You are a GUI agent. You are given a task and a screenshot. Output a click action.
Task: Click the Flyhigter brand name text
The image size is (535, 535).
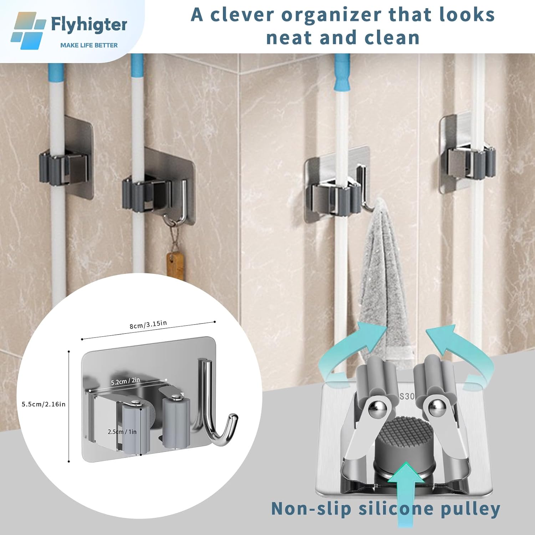pyautogui.click(x=89, y=25)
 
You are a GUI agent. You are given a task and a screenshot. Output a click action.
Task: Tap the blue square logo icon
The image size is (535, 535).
pyautogui.click(x=28, y=31)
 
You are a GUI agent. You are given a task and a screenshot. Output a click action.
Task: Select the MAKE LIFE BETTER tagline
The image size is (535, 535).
pyautogui.click(x=89, y=45)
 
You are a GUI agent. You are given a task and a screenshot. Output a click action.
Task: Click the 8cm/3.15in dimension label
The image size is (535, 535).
pyautogui.click(x=148, y=325)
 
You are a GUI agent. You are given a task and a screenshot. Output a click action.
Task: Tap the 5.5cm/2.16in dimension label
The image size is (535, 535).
pyautogui.click(x=44, y=404)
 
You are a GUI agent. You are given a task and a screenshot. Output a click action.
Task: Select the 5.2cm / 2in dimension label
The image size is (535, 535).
pyautogui.click(x=125, y=381)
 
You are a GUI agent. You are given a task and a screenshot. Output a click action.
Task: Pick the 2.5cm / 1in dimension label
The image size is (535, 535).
pyautogui.click(x=122, y=432)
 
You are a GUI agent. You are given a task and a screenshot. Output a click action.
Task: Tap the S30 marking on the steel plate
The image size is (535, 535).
pyautogui.click(x=407, y=396)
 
